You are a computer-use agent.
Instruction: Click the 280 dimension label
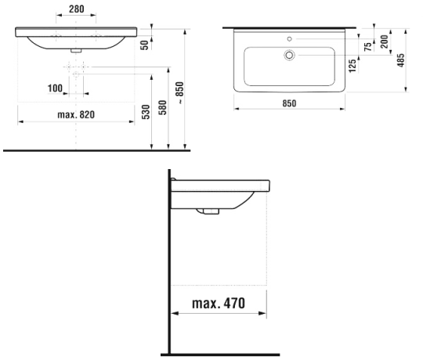tap(76, 9)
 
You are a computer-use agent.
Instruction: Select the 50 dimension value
tap(145, 45)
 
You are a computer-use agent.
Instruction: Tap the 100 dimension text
tap(55, 88)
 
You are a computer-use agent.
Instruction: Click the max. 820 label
tap(76, 114)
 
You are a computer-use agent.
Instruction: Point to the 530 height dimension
tap(146, 112)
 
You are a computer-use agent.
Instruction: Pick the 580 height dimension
tap(162, 107)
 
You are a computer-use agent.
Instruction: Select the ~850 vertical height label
tap(179, 92)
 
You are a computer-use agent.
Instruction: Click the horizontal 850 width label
tap(289, 103)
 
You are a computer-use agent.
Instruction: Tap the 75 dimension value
tap(367, 47)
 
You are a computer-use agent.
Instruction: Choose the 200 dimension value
tap(384, 41)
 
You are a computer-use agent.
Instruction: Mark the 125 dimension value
tap(352, 66)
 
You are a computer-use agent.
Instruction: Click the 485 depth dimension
tap(401, 60)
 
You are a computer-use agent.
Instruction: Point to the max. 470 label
tap(219, 303)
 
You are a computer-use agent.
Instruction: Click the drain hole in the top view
tap(289, 56)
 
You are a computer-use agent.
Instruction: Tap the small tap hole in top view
tap(290, 39)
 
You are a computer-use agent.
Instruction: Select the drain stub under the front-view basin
tap(76, 50)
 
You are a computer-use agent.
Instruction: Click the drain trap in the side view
tap(208, 211)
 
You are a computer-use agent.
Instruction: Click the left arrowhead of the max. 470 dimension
tap(175, 313)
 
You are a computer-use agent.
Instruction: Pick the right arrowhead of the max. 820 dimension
tap(132, 122)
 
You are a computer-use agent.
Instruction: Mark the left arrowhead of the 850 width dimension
tap(237, 109)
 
